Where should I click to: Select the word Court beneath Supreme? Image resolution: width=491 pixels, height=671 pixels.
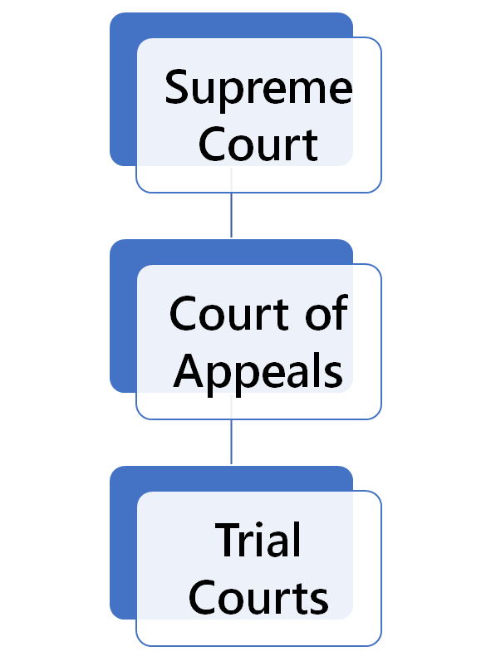tap(258, 144)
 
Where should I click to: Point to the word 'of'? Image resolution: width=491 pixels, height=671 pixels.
tap(327, 314)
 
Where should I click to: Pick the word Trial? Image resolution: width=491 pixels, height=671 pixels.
tap(258, 540)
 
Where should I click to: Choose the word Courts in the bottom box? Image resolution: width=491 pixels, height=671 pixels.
tap(258, 596)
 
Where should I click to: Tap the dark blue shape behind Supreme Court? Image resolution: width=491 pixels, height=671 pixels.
tap(122, 91)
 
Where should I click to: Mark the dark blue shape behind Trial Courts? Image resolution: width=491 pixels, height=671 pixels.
tap(122, 544)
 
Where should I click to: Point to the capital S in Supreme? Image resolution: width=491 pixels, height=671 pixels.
tap(179, 87)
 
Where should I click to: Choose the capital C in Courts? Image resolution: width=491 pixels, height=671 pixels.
tap(205, 596)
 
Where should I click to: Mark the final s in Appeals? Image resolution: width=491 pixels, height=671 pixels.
tap(334, 374)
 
